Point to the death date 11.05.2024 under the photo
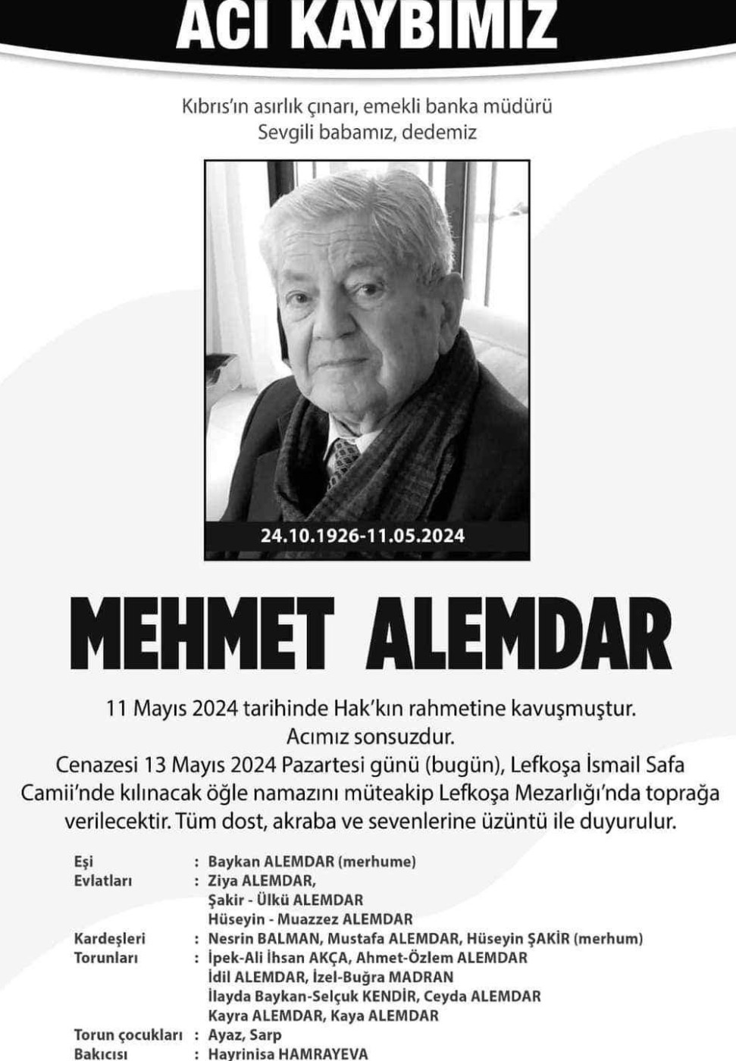point(417,536)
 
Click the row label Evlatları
point(103,881)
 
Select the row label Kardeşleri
point(109,938)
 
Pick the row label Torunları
point(106,957)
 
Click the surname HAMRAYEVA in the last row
point(324,1053)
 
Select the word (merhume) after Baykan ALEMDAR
point(377,862)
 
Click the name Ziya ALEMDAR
point(261,881)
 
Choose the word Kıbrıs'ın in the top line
point(221,105)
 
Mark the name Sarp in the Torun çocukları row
point(265,1034)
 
